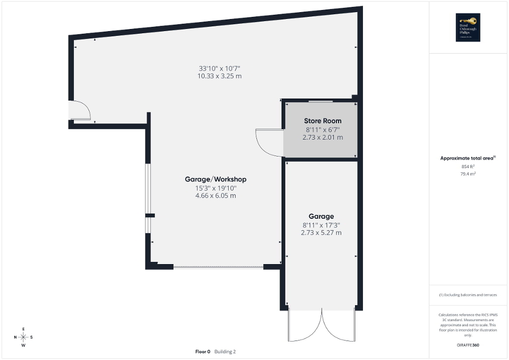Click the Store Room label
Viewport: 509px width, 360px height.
(x=322, y=121)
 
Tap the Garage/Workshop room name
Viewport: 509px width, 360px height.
(x=215, y=179)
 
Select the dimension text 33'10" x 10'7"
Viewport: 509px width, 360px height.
(x=219, y=68)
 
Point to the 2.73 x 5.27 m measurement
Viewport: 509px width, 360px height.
(x=321, y=232)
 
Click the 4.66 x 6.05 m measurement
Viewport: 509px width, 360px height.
(x=215, y=196)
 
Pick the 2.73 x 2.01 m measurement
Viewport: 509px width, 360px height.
(x=322, y=137)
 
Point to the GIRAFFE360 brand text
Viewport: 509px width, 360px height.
(x=468, y=345)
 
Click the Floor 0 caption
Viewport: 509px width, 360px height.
(x=203, y=352)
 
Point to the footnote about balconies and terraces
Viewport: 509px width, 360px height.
(x=467, y=295)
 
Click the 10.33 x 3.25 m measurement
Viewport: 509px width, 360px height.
(x=219, y=76)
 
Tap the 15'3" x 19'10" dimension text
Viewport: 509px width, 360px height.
(x=215, y=188)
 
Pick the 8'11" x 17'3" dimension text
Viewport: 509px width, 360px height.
(x=321, y=225)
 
